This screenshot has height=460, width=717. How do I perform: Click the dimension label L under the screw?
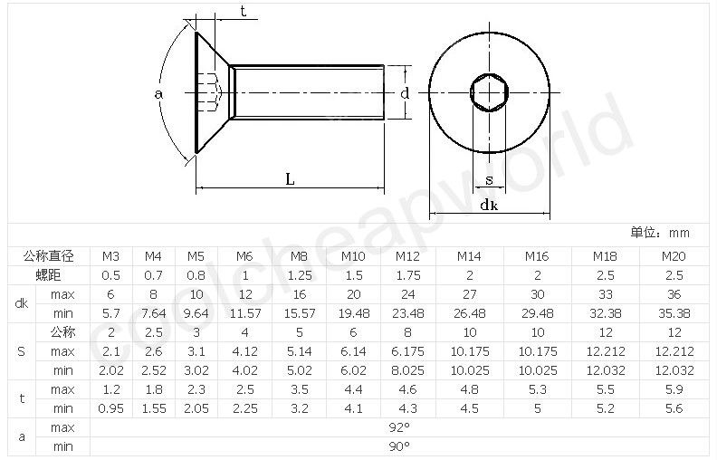(x=290, y=179)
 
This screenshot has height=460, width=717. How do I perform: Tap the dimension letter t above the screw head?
(x=243, y=11)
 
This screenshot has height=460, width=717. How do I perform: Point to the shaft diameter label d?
(x=405, y=93)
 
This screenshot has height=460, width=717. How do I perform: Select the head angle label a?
(x=158, y=94)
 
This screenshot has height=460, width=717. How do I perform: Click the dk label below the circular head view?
(x=489, y=205)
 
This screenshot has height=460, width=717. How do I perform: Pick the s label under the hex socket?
(x=489, y=180)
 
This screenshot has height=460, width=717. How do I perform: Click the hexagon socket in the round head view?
(x=489, y=92)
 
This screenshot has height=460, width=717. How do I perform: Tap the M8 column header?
(x=299, y=256)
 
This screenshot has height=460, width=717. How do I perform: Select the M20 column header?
(x=674, y=256)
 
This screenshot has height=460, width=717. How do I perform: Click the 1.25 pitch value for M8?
(x=299, y=275)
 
